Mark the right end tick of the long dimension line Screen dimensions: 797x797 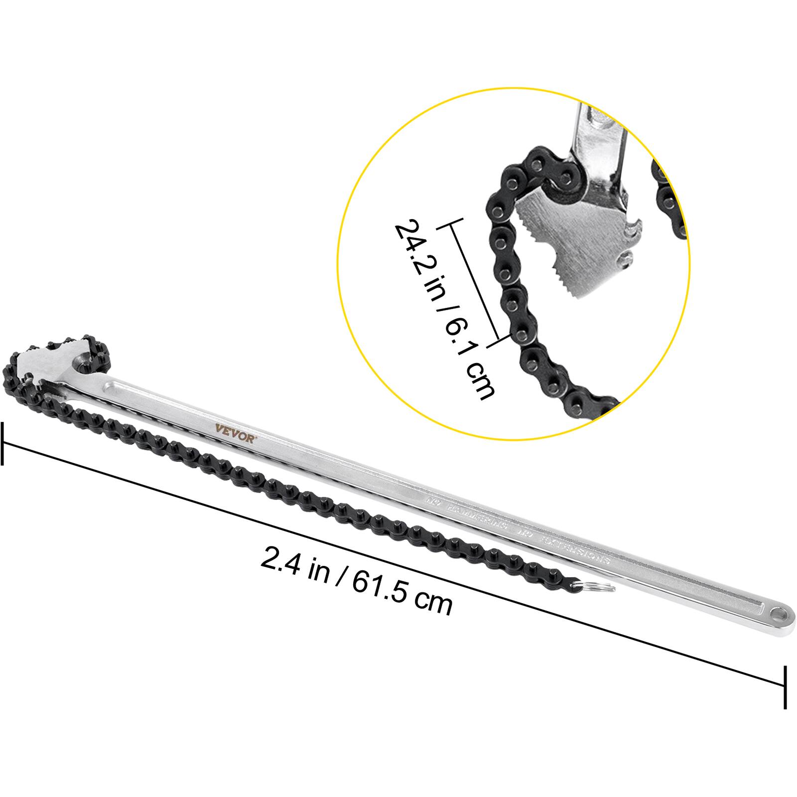click(x=786, y=687)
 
